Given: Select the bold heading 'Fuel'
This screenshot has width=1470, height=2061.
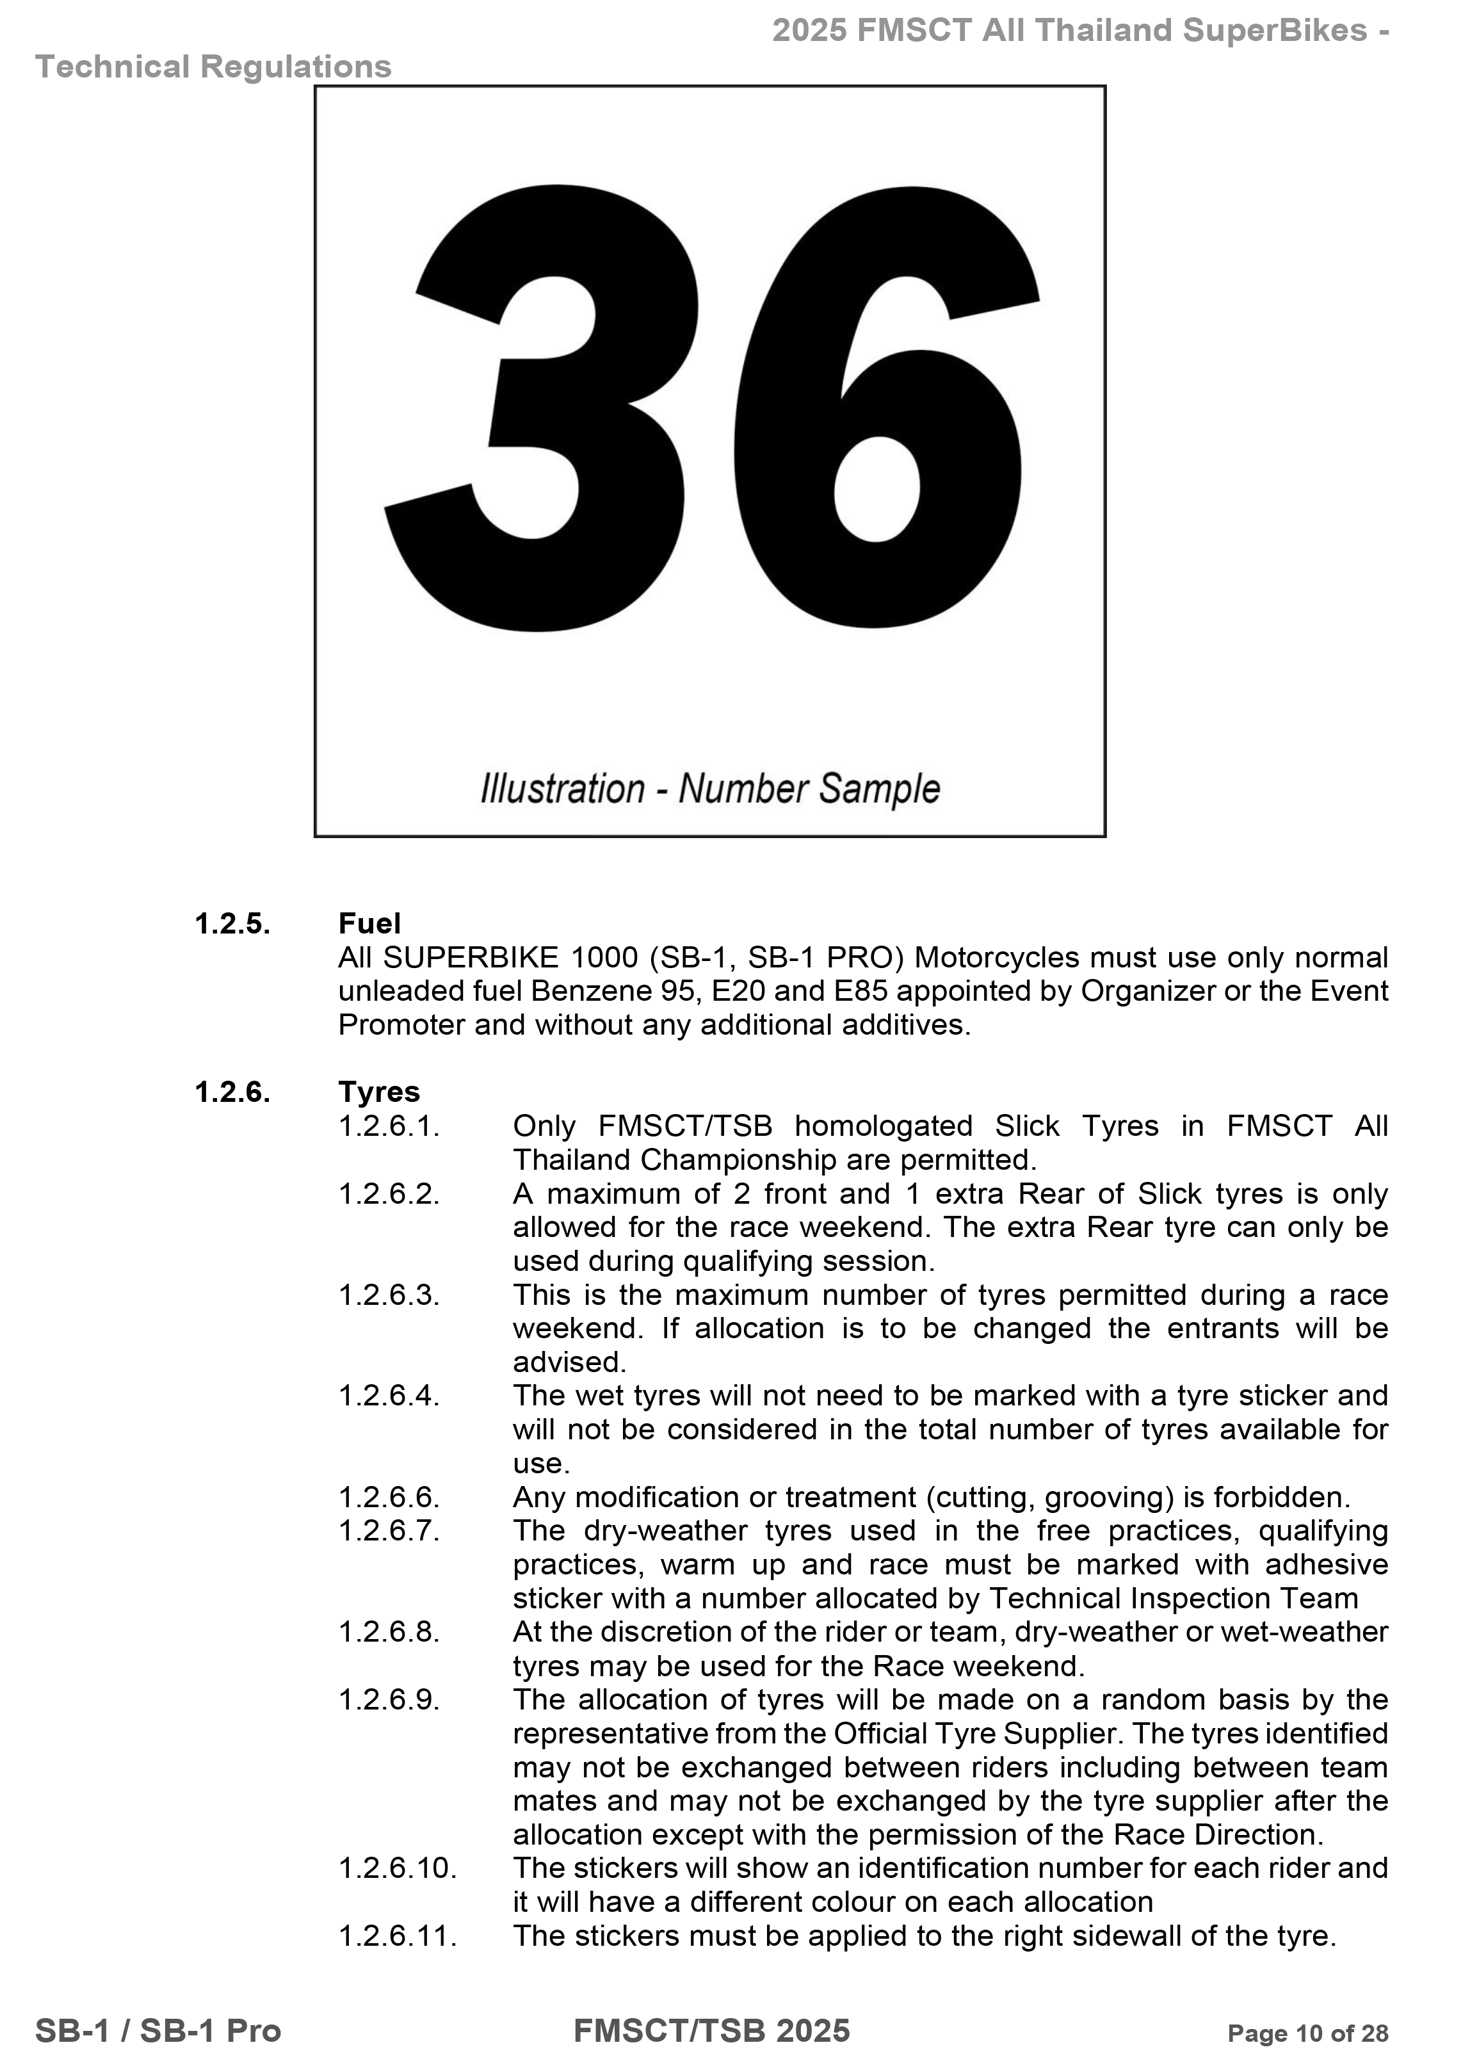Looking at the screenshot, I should coord(369,923).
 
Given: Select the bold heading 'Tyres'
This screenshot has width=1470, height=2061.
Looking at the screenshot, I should coord(379,1092).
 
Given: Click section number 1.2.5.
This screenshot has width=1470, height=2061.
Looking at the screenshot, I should coord(232,923).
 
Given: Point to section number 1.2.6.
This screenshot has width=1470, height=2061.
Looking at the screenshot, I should coord(232,1092).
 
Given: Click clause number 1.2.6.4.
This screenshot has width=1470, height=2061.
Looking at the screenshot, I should coord(389,1396).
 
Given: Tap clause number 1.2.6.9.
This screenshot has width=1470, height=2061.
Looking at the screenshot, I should coord(389,1700).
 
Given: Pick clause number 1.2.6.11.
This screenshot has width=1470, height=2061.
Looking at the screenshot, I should coord(398,1936).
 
